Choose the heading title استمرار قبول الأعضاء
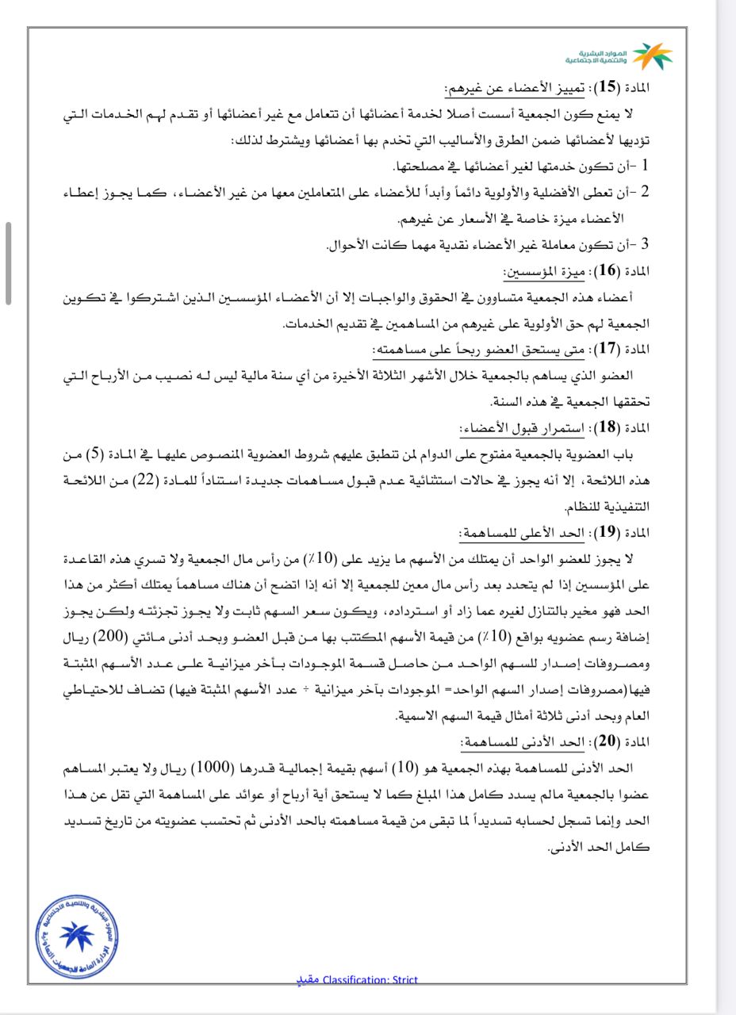[x=523, y=427]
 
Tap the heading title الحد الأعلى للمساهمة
[x=525, y=532]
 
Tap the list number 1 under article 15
[x=645, y=166]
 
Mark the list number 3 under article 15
[x=645, y=244]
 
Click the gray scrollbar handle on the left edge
[x=8, y=263]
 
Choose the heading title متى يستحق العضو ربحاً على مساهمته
[x=479, y=350]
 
